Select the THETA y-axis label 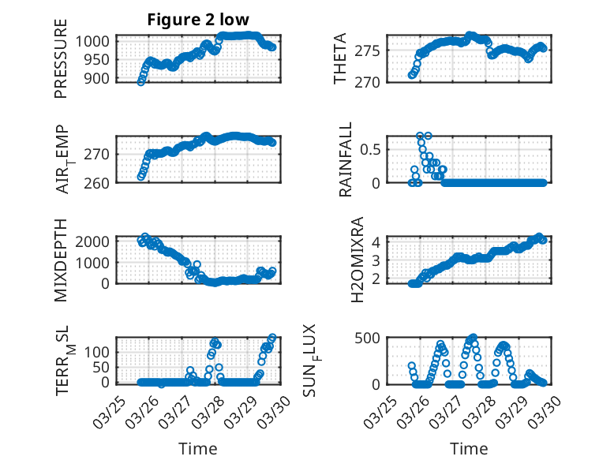click(340, 59)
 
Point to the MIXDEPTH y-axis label click(61, 260)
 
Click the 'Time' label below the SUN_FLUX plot click(469, 449)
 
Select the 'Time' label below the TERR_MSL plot click(198, 449)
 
